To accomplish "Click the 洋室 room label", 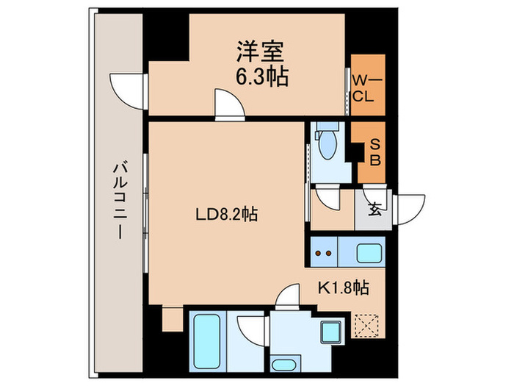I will click(261, 53).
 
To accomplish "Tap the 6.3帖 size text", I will click(261, 76).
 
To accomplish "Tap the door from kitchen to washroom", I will click(287, 297).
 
